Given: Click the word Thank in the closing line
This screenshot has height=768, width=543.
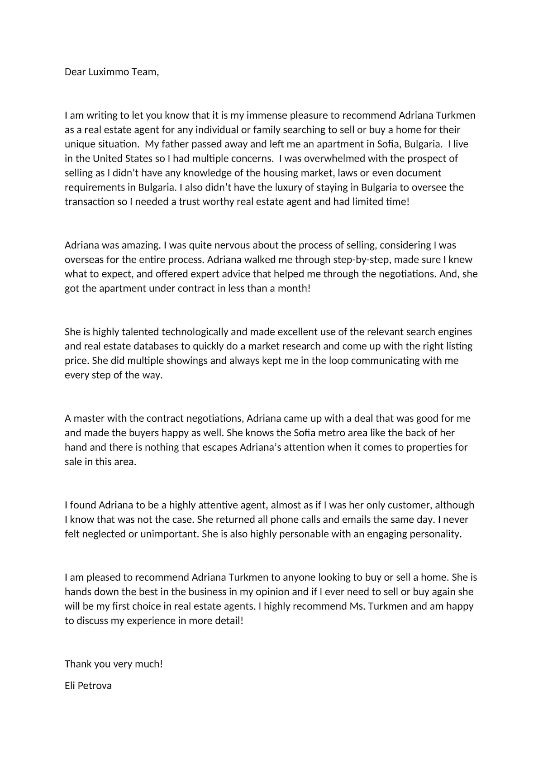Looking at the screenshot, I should [78, 664].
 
